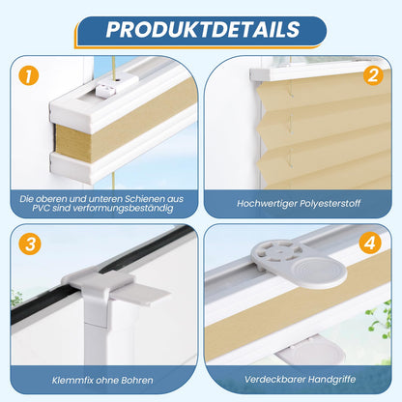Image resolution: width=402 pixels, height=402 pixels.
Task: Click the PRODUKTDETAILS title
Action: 203,30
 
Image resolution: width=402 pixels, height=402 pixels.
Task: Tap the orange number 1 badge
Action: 29,76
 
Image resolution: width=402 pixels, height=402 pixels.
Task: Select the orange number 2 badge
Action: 373,75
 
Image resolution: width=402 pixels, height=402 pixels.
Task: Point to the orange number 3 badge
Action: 30,244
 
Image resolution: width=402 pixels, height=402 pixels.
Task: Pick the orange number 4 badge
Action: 370,243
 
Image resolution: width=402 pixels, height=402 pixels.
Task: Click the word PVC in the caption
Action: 41,208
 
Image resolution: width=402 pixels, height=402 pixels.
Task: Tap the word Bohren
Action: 137,381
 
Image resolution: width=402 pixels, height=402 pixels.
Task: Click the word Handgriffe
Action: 331,380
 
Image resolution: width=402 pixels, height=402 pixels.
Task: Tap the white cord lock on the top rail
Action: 106,90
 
